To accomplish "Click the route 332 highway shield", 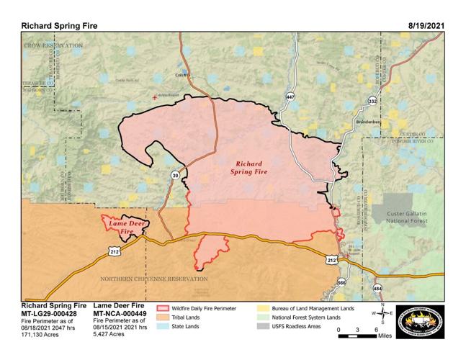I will point(372,102).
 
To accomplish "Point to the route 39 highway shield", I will point(175,174).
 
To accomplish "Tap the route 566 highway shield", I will point(341,284).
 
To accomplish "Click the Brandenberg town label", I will point(367,123).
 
